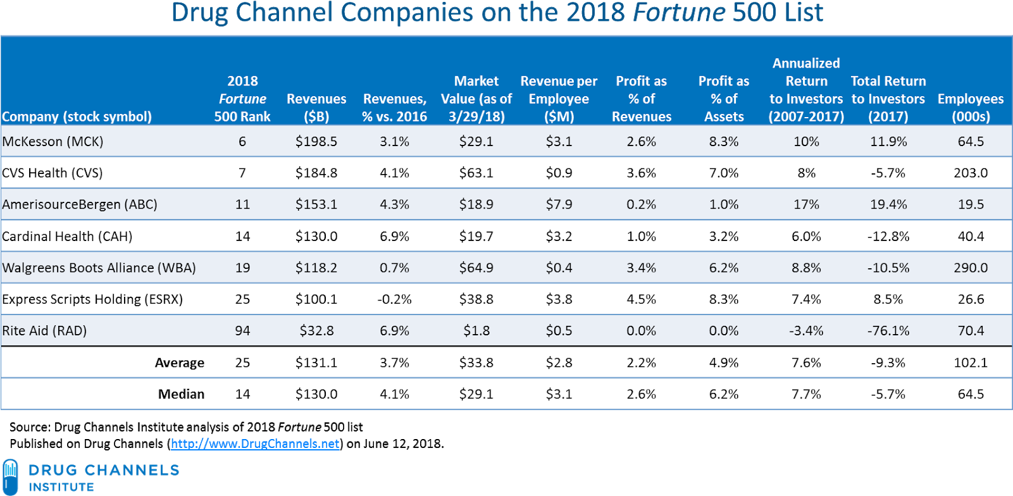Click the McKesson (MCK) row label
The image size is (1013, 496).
(x=53, y=141)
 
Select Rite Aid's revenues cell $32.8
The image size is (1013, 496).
(x=316, y=330)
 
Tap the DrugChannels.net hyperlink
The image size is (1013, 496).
(x=254, y=443)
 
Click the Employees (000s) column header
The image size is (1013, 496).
(x=970, y=107)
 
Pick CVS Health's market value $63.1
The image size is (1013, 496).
(x=476, y=173)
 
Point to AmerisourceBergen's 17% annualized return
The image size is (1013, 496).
(x=805, y=204)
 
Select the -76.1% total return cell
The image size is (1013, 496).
(x=888, y=330)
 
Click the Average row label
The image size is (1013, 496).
(x=179, y=363)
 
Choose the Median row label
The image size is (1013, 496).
(x=181, y=394)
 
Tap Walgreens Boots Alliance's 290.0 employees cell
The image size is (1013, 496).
(x=970, y=268)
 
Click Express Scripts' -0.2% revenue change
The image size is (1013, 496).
(x=394, y=299)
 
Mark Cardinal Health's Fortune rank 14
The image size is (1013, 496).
(x=242, y=236)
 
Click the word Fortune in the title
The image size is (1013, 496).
(x=679, y=13)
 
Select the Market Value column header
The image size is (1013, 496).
(x=476, y=99)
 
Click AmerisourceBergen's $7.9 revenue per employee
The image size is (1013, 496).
(x=559, y=204)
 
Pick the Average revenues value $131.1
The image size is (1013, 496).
(x=316, y=363)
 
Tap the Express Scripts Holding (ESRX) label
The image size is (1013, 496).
(x=92, y=299)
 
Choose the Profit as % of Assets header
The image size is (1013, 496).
(x=723, y=99)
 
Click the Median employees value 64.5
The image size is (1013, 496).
(x=970, y=394)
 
